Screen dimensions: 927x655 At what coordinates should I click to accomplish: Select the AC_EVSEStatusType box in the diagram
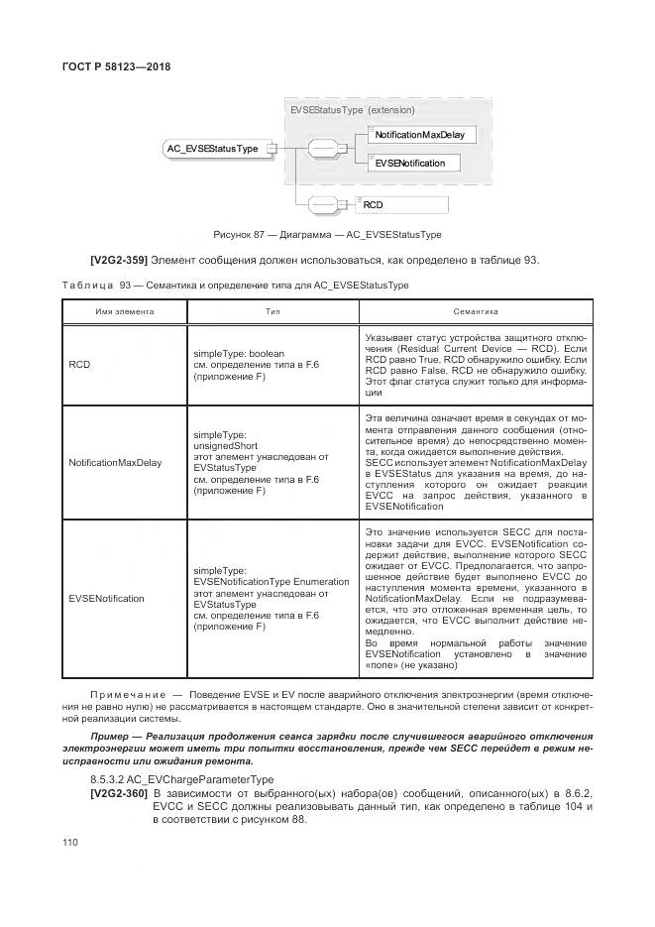(x=212, y=149)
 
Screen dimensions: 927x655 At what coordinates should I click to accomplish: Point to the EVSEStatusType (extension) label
(x=352, y=110)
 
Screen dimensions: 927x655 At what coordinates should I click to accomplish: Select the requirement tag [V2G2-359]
(x=120, y=260)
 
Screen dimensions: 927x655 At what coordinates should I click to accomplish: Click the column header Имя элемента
(x=125, y=311)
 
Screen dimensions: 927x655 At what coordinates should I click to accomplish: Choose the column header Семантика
(x=470, y=311)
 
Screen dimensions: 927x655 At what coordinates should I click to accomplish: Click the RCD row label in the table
(x=79, y=365)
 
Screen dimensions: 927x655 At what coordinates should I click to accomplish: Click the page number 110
(x=70, y=842)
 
